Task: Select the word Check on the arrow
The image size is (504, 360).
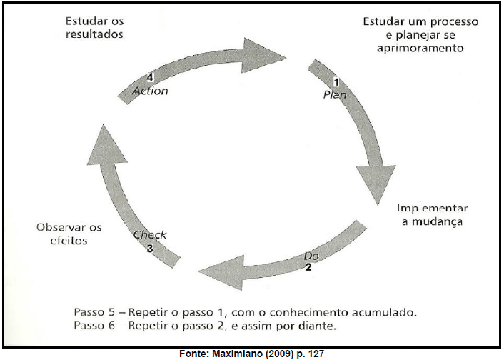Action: (149, 235)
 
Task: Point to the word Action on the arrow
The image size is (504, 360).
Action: (151, 91)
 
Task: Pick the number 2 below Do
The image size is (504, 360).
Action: (308, 267)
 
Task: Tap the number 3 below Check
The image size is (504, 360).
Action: (150, 248)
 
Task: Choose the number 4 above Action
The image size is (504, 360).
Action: (150, 77)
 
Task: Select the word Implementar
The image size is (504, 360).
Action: (433, 209)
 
